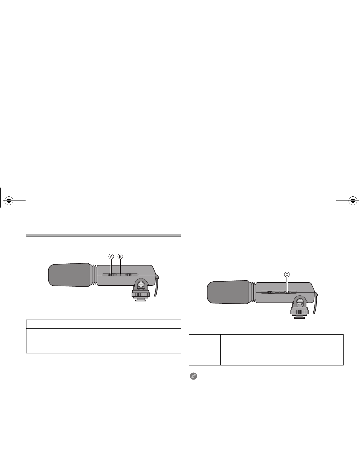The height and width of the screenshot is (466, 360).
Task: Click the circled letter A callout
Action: click(111, 256)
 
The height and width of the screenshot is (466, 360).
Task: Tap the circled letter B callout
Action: click(120, 256)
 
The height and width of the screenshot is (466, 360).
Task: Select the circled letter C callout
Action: click(287, 275)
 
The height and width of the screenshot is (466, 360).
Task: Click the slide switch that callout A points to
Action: click(111, 275)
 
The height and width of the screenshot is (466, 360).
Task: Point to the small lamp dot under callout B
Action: click(120, 275)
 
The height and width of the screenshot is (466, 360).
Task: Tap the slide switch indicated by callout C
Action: click(287, 292)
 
